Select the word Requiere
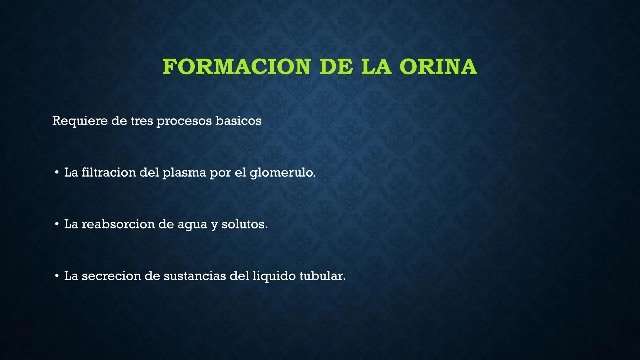79,121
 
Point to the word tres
142,121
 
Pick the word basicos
238,121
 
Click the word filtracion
109,172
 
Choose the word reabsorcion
118,224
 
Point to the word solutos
244,224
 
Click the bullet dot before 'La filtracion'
57,172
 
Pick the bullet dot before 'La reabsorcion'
57,224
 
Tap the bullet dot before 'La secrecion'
57,276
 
